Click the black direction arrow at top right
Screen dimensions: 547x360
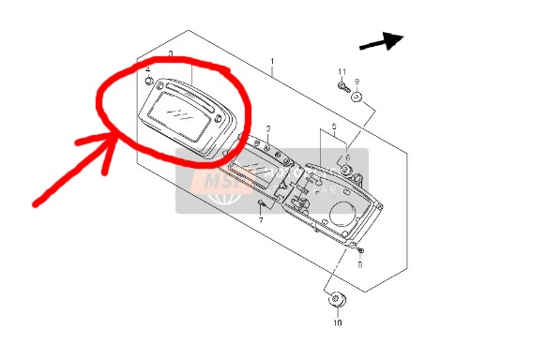pyautogui.click(x=381, y=41)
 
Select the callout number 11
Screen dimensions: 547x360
pyautogui.click(x=342, y=72)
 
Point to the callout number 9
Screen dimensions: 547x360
pyautogui.click(x=357, y=82)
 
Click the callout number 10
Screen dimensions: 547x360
pyautogui.click(x=337, y=322)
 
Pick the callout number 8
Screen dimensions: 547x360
pyautogui.click(x=359, y=265)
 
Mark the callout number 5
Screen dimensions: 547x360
pyautogui.click(x=333, y=126)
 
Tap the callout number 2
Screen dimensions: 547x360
pyautogui.click(x=267, y=127)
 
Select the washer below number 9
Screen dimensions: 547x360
pyautogui.click(x=357, y=97)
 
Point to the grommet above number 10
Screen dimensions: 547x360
pyautogui.click(x=337, y=300)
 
